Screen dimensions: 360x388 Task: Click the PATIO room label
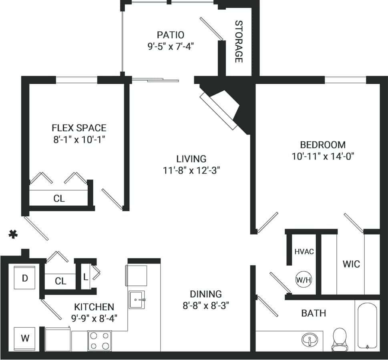[171, 35]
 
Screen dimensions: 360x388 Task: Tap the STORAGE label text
[239, 42]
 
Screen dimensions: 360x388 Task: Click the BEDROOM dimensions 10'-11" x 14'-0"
[323, 156]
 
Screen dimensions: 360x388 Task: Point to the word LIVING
[191, 159]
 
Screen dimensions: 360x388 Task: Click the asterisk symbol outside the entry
[13, 234]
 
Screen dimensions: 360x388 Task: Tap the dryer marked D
[25, 278]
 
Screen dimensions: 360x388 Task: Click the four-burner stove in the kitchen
[99, 341]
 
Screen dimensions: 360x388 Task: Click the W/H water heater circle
[303, 280]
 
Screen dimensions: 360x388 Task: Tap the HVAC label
[304, 252]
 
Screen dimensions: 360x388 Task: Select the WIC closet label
[351, 264]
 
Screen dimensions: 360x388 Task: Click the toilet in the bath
[340, 338]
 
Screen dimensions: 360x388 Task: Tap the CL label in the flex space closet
[59, 198]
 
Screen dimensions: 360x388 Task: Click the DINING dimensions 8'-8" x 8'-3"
[206, 306]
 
